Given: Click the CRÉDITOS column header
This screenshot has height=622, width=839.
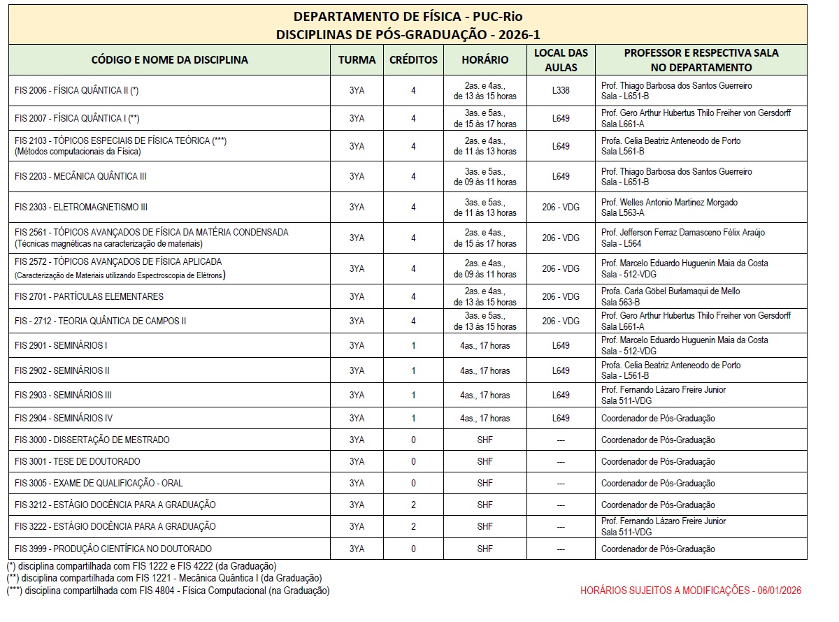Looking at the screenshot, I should click(413, 60).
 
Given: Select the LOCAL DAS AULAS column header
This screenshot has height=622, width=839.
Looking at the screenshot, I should click(561, 60).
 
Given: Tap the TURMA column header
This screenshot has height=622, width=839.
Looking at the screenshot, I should click(357, 60).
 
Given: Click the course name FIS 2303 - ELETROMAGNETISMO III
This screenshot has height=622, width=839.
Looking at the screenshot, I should click(81, 208).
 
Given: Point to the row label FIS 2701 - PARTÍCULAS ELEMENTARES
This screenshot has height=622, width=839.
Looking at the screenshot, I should click(89, 296).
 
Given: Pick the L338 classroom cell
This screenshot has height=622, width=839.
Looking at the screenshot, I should click(561, 91).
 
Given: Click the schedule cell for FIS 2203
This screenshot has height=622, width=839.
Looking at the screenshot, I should click(485, 177).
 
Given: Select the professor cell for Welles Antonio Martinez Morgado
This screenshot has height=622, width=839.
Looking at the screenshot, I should click(669, 208).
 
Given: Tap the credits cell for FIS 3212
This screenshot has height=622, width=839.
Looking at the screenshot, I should click(413, 505).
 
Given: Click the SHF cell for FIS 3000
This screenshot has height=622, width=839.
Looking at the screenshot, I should click(485, 440).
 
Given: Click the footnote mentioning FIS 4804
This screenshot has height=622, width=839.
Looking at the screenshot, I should click(168, 591).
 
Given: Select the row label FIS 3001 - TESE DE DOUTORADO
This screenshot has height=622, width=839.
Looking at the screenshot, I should click(78, 461).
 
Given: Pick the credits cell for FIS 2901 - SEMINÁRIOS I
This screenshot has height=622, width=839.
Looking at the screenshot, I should click(413, 345).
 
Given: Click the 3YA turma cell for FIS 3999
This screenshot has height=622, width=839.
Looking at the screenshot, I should click(357, 549).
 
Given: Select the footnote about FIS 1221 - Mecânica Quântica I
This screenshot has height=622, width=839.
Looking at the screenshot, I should click(164, 578).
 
